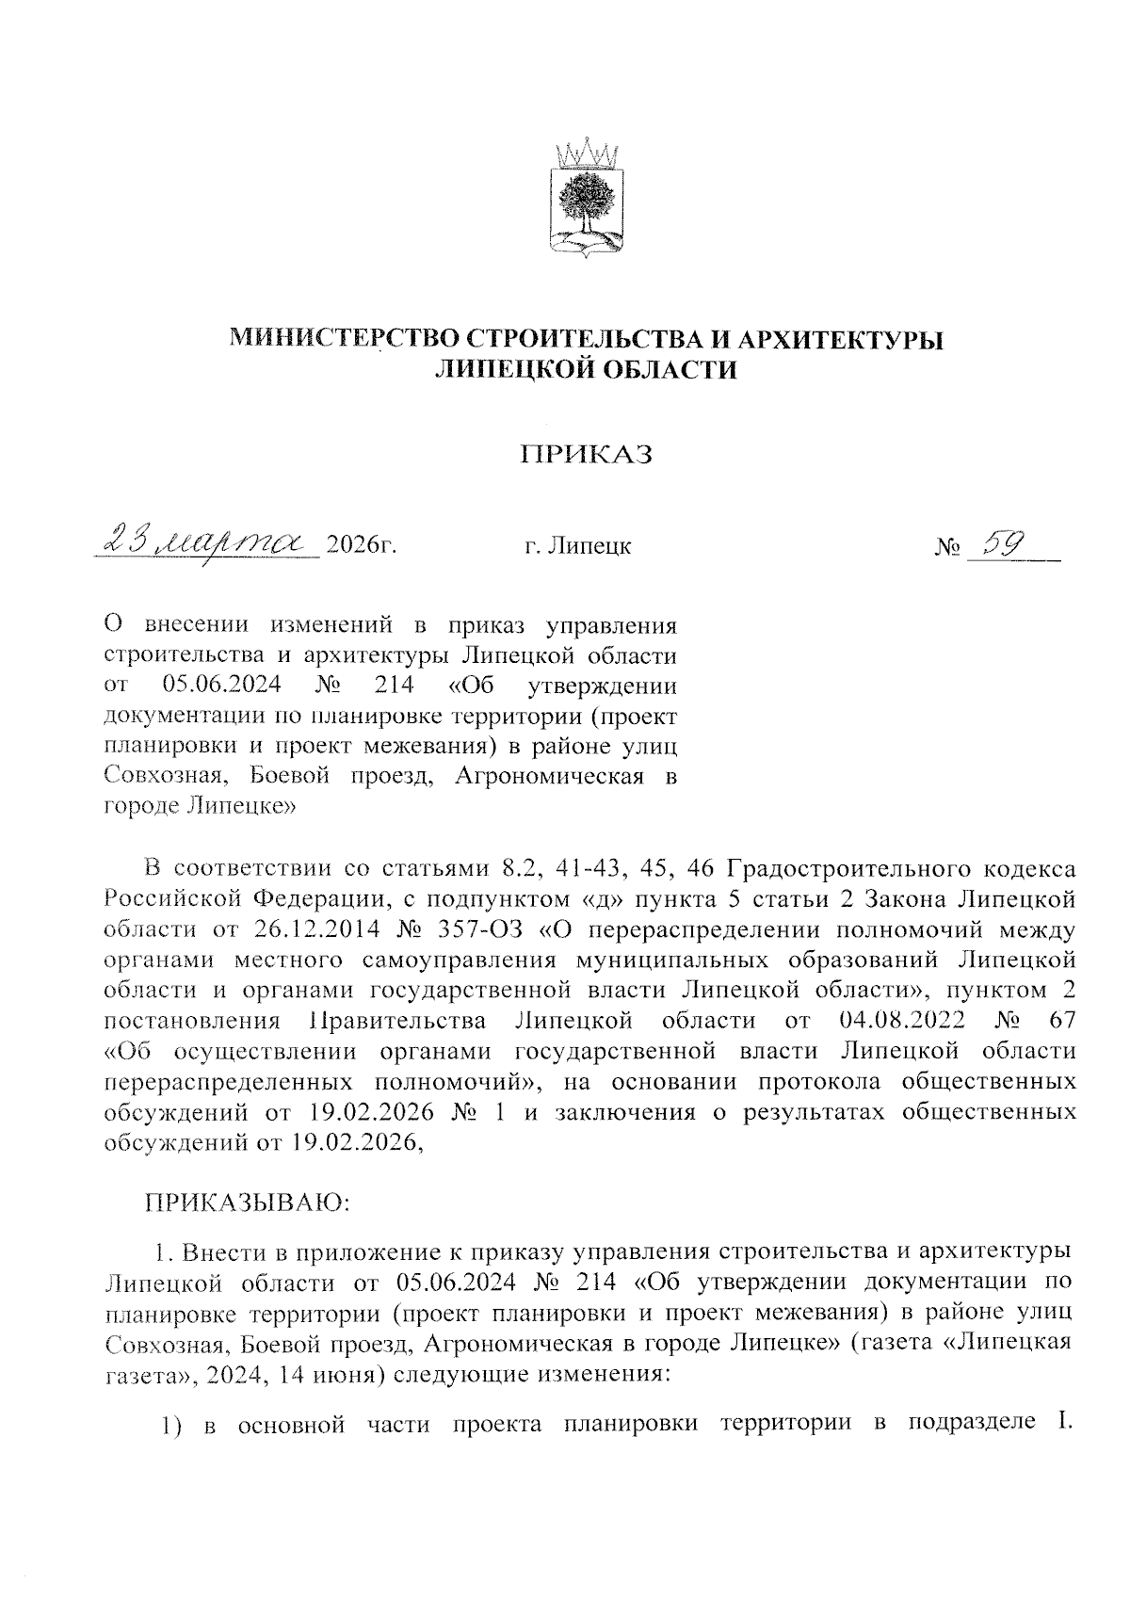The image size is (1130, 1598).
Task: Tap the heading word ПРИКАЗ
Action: (588, 455)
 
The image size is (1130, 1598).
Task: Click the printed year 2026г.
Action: (357, 545)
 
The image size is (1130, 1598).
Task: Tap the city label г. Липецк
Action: (577, 546)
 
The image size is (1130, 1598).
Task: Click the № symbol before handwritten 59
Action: (946, 547)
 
